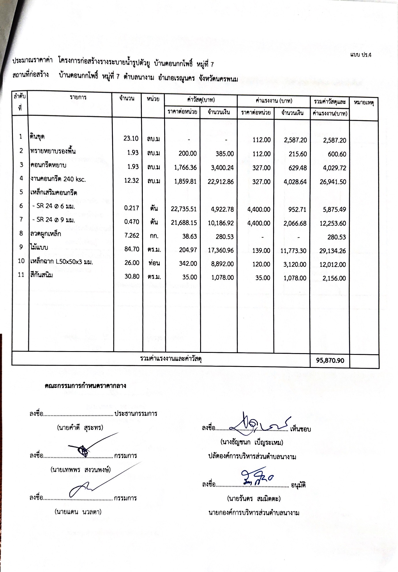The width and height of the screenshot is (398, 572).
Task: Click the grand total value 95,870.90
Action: [x=330, y=360]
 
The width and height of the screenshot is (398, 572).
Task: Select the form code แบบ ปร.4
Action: [x=361, y=55]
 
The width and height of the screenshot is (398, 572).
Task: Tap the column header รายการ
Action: [x=78, y=97]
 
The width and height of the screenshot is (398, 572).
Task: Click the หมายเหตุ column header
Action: [x=364, y=102]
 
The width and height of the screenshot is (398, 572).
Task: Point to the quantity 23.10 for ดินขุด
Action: [x=131, y=138]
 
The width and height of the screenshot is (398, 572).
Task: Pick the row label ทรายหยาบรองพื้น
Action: [x=53, y=151]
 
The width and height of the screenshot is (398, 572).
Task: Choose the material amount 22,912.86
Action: [x=221, y=182]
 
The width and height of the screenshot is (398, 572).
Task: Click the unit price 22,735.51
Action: [x=184, y=209]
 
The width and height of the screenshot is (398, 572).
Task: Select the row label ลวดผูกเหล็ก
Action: [x=46, y=234]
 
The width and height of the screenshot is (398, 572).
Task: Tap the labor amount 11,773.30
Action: [x=293, y=251]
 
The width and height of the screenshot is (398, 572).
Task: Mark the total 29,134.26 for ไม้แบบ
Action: [x=332, y=251]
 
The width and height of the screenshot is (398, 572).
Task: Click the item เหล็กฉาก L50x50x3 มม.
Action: [x=61, y=262]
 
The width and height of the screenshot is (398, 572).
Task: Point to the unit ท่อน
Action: [x=154, y=263]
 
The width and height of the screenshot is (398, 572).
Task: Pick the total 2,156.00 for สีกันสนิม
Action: [x=334, y=278]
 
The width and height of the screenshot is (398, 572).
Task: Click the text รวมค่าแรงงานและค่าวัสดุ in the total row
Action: [x=171, y=359]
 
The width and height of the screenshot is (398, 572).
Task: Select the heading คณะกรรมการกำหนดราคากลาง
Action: [x=85, y=385]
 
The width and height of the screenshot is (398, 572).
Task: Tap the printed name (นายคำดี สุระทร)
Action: [x=80, y=427]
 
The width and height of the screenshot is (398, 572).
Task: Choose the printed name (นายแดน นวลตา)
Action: [x=78, y=512]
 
